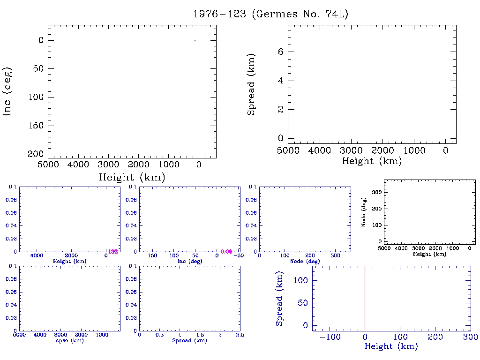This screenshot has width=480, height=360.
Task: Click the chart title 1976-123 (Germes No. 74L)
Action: tap(271, 14)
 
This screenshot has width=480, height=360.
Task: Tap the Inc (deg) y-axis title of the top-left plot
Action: tap(7, 91)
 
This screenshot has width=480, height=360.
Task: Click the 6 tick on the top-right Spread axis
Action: tap(280, 52)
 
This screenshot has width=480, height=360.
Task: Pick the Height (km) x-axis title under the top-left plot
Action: tap(132, 177)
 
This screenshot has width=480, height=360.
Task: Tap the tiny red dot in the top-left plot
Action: tap(195, 40)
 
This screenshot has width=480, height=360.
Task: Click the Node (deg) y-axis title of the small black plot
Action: tap(364, 212)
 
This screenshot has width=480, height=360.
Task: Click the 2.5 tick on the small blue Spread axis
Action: tap(240, 336)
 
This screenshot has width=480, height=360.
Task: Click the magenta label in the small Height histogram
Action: tap(113, 252)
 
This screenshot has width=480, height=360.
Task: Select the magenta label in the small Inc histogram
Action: tap(226, 252)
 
